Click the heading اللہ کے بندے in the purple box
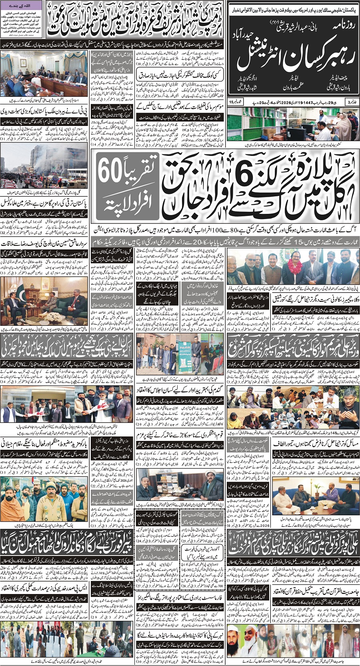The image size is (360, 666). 22,5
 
